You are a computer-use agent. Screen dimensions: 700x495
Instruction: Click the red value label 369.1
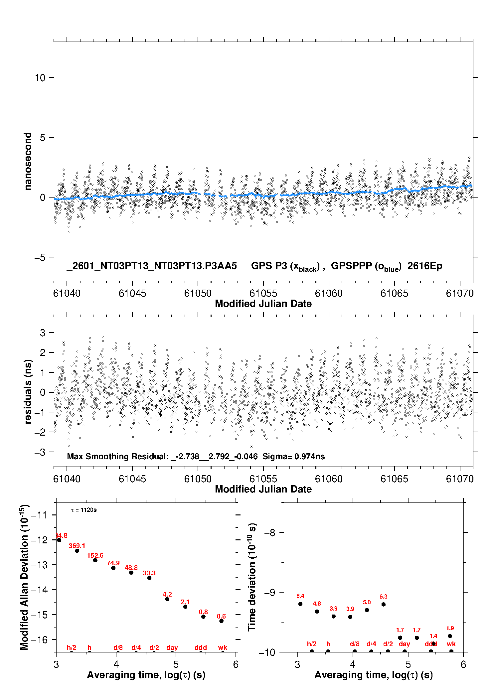[x=77, y=546]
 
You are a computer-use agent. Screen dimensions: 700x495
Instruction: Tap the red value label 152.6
[x=95, y=556]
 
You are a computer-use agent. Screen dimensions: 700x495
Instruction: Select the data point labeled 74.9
[x=113, y=568]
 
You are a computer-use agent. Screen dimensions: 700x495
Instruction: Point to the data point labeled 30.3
[x=149, y=578]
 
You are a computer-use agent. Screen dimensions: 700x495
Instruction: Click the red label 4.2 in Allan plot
[x=167, y=594]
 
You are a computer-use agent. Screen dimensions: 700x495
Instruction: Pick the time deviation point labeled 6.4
[x=300, y=604]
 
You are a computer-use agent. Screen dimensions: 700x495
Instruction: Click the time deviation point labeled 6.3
[x=384, y=604]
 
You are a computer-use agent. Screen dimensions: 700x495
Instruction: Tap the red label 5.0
[x=367, y=602]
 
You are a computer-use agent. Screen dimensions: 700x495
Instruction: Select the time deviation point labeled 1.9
[x=450, y=636]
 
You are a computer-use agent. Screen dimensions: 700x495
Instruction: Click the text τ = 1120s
[x=84, y=510]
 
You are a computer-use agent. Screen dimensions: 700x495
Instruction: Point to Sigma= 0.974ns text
[x=293, y=457]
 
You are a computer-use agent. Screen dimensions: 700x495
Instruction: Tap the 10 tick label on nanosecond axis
[x=40, y=78]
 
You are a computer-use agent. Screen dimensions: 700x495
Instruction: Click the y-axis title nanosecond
[x=28, y=161]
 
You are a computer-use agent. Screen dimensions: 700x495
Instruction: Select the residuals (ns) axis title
[x=28, y=391]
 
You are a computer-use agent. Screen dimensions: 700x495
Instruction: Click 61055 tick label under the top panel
[x=263, y=293]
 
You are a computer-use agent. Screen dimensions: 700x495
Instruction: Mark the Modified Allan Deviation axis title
[x=24, y=577]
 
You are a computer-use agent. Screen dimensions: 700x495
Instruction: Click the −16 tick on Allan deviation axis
[x=39, y=639]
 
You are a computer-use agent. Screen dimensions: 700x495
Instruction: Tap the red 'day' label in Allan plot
[x=172, y=647]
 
